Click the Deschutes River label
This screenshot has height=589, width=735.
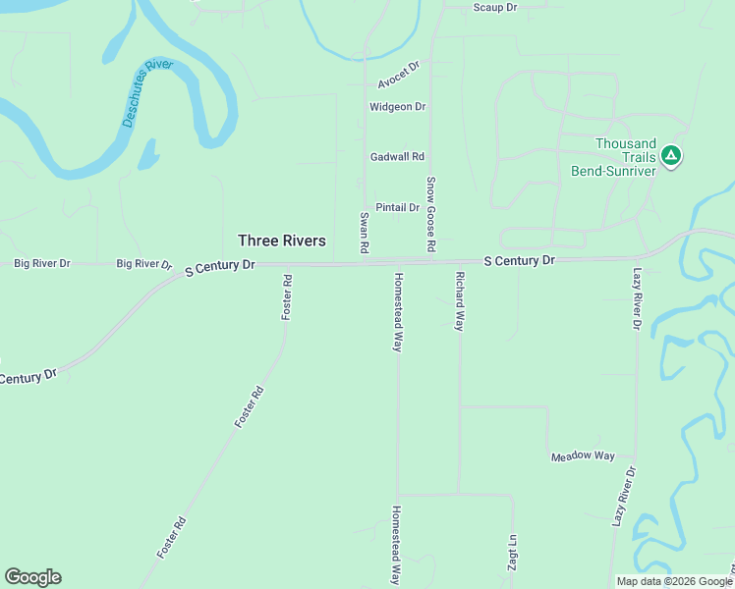(147, 93)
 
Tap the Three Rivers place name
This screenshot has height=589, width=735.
(282, 241)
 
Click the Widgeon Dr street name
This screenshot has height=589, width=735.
(397, 106)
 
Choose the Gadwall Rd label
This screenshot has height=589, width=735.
(397, 156)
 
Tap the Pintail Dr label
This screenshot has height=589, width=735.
(398, 207)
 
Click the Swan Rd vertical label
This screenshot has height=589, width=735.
(364, 235)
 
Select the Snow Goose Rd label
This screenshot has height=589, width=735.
(430, 214)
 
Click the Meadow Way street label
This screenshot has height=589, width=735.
(583, 456)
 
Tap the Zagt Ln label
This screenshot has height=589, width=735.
(512, 555)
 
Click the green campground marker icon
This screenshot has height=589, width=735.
(671, 155)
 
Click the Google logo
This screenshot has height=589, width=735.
(32, 577)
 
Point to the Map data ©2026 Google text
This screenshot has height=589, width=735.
(673, 581)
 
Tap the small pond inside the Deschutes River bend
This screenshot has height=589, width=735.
(148, 154)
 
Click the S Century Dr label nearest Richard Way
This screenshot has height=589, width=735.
(520, 260)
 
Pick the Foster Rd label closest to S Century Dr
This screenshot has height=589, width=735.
(287, 295)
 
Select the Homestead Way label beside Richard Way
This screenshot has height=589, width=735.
(399, 312)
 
